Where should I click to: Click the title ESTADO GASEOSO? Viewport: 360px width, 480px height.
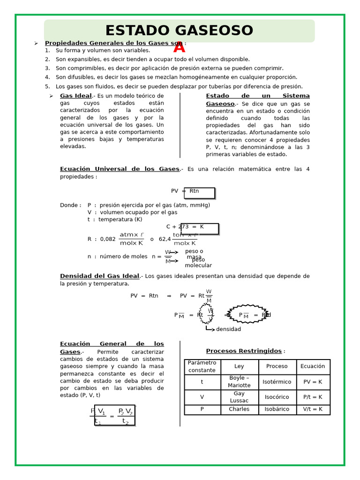coord(179,31)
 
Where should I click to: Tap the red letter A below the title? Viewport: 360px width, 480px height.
coord(179,47)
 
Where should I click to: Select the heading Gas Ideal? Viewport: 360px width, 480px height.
coord(76,96)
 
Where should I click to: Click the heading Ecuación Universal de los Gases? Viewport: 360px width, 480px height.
coord(120,169)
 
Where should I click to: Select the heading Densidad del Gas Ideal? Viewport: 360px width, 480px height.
coord(99,276)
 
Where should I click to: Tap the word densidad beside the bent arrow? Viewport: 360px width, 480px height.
coord(228,329)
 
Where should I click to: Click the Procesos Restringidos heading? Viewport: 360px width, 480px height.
coord(244,351)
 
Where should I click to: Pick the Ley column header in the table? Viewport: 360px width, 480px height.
coord(239,367)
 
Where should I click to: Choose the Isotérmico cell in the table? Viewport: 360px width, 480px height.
coord(277,382)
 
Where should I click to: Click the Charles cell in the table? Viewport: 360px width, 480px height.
coord(239,409)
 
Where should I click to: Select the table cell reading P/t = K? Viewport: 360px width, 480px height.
coord(313,397)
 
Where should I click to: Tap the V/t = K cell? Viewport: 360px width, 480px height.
coord(313,409)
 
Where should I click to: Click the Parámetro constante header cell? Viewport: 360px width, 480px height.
coord(202,367)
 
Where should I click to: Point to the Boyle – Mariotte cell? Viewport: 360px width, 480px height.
coord(239,382)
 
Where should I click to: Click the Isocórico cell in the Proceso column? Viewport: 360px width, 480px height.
coord(277,397)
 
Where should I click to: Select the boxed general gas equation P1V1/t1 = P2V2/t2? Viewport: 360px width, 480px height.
coord(114,415)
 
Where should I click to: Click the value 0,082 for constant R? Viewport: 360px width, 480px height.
coord(108,239)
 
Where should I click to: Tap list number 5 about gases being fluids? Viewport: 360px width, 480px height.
coord(47,86)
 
